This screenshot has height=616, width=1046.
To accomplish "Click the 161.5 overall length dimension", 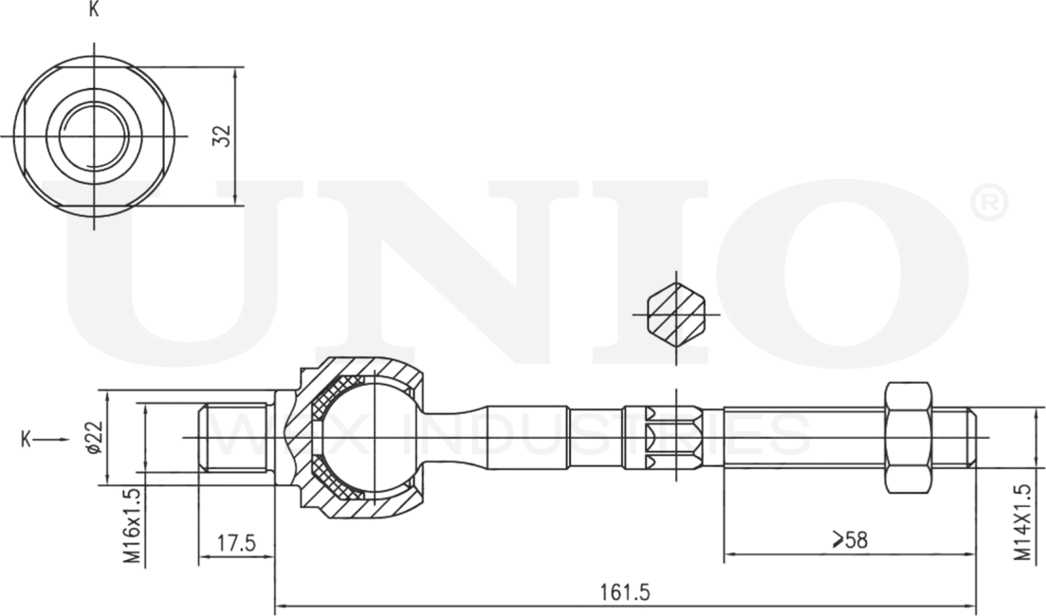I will click(625, 592).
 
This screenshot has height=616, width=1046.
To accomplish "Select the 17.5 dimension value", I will click(236, 544).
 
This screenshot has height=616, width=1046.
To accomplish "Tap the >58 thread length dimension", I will click(849, 540).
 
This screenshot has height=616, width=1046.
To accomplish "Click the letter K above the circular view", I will click(93, 10).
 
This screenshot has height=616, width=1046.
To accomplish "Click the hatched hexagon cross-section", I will click(676, 313).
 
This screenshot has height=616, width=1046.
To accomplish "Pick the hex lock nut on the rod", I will click(908, 437).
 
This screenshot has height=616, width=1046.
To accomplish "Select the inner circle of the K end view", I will click(93, 136).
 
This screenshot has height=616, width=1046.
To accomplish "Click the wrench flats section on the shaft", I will click(673, 437).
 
